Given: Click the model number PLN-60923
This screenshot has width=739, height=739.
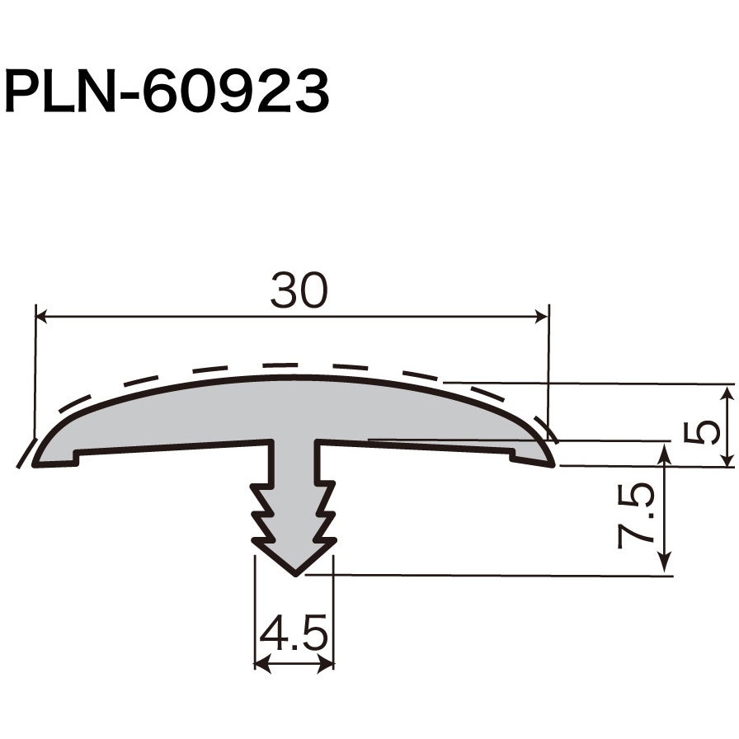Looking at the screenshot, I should (x=167, y=91).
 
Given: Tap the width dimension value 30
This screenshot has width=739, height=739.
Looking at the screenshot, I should (x=299, y=290).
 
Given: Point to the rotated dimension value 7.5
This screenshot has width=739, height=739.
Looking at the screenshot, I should (x=637, y=516).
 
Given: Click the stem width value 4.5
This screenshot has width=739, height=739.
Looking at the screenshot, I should (x=294, y=635).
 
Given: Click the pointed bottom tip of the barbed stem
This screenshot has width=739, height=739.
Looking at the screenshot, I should (x=294, y=573).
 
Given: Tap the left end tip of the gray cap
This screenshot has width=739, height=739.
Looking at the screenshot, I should (x=35, y=464).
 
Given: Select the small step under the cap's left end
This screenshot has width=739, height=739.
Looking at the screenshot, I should (x=77, y=455).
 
